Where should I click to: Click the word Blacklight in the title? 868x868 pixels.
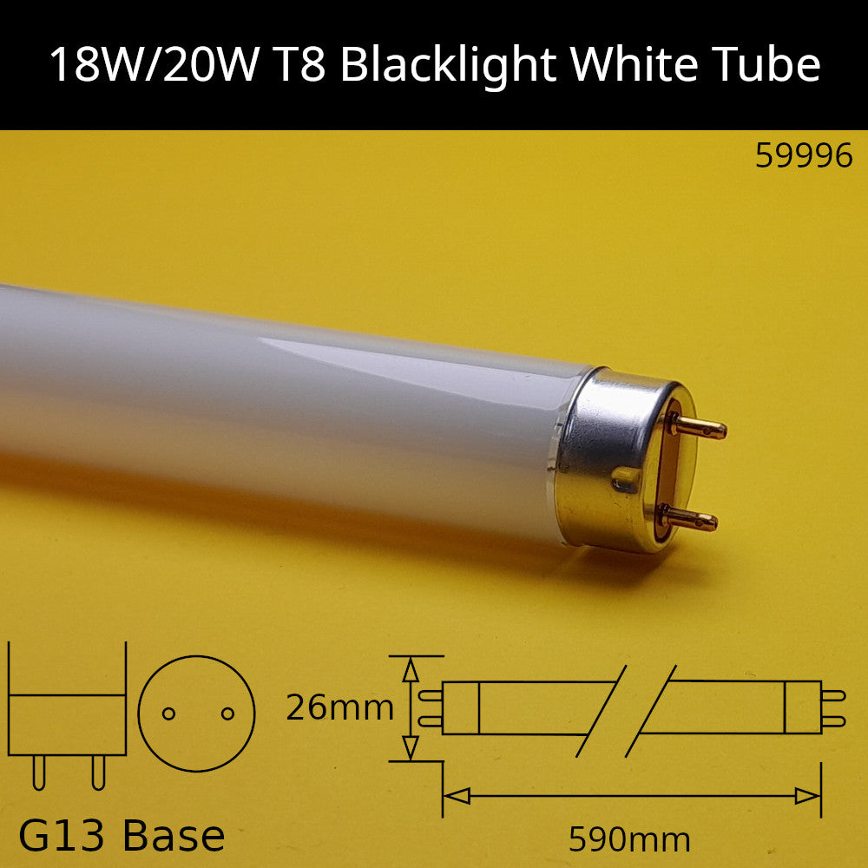[449, 66]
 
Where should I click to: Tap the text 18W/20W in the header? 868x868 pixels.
[155, 64]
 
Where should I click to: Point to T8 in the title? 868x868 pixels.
[299, 65]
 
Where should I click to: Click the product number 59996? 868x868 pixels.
[804, 155]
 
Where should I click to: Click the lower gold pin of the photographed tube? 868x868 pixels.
[689, 518]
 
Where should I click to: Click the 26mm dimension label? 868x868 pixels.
[339, 707]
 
